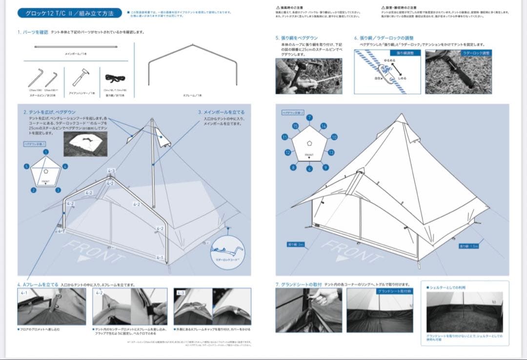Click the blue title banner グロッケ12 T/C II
pyautogui.click(x=70, y=13)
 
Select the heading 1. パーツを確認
pyautogui.click(x=32, y=32)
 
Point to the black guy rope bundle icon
pyautogui.click(x=115, y=79)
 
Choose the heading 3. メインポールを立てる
pyautogui.click(x=221, y=112)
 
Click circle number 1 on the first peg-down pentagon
pyautogui.click(x=45, y=152)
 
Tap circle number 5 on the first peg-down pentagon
pyautogui.click(x=26, y=166)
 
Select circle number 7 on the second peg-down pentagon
pyautogui.click(x=309, y=118)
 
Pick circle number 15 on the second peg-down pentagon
pyautogui.click(x=295, y=126)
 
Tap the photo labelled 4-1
pyautogui.click(x=51, y=306)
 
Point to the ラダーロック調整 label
pyautogui.click(x=477, y=52)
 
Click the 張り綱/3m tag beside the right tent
pyautogui.click(x=296, y=244)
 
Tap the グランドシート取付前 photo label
pyautogui.click(x=395, y=291)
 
